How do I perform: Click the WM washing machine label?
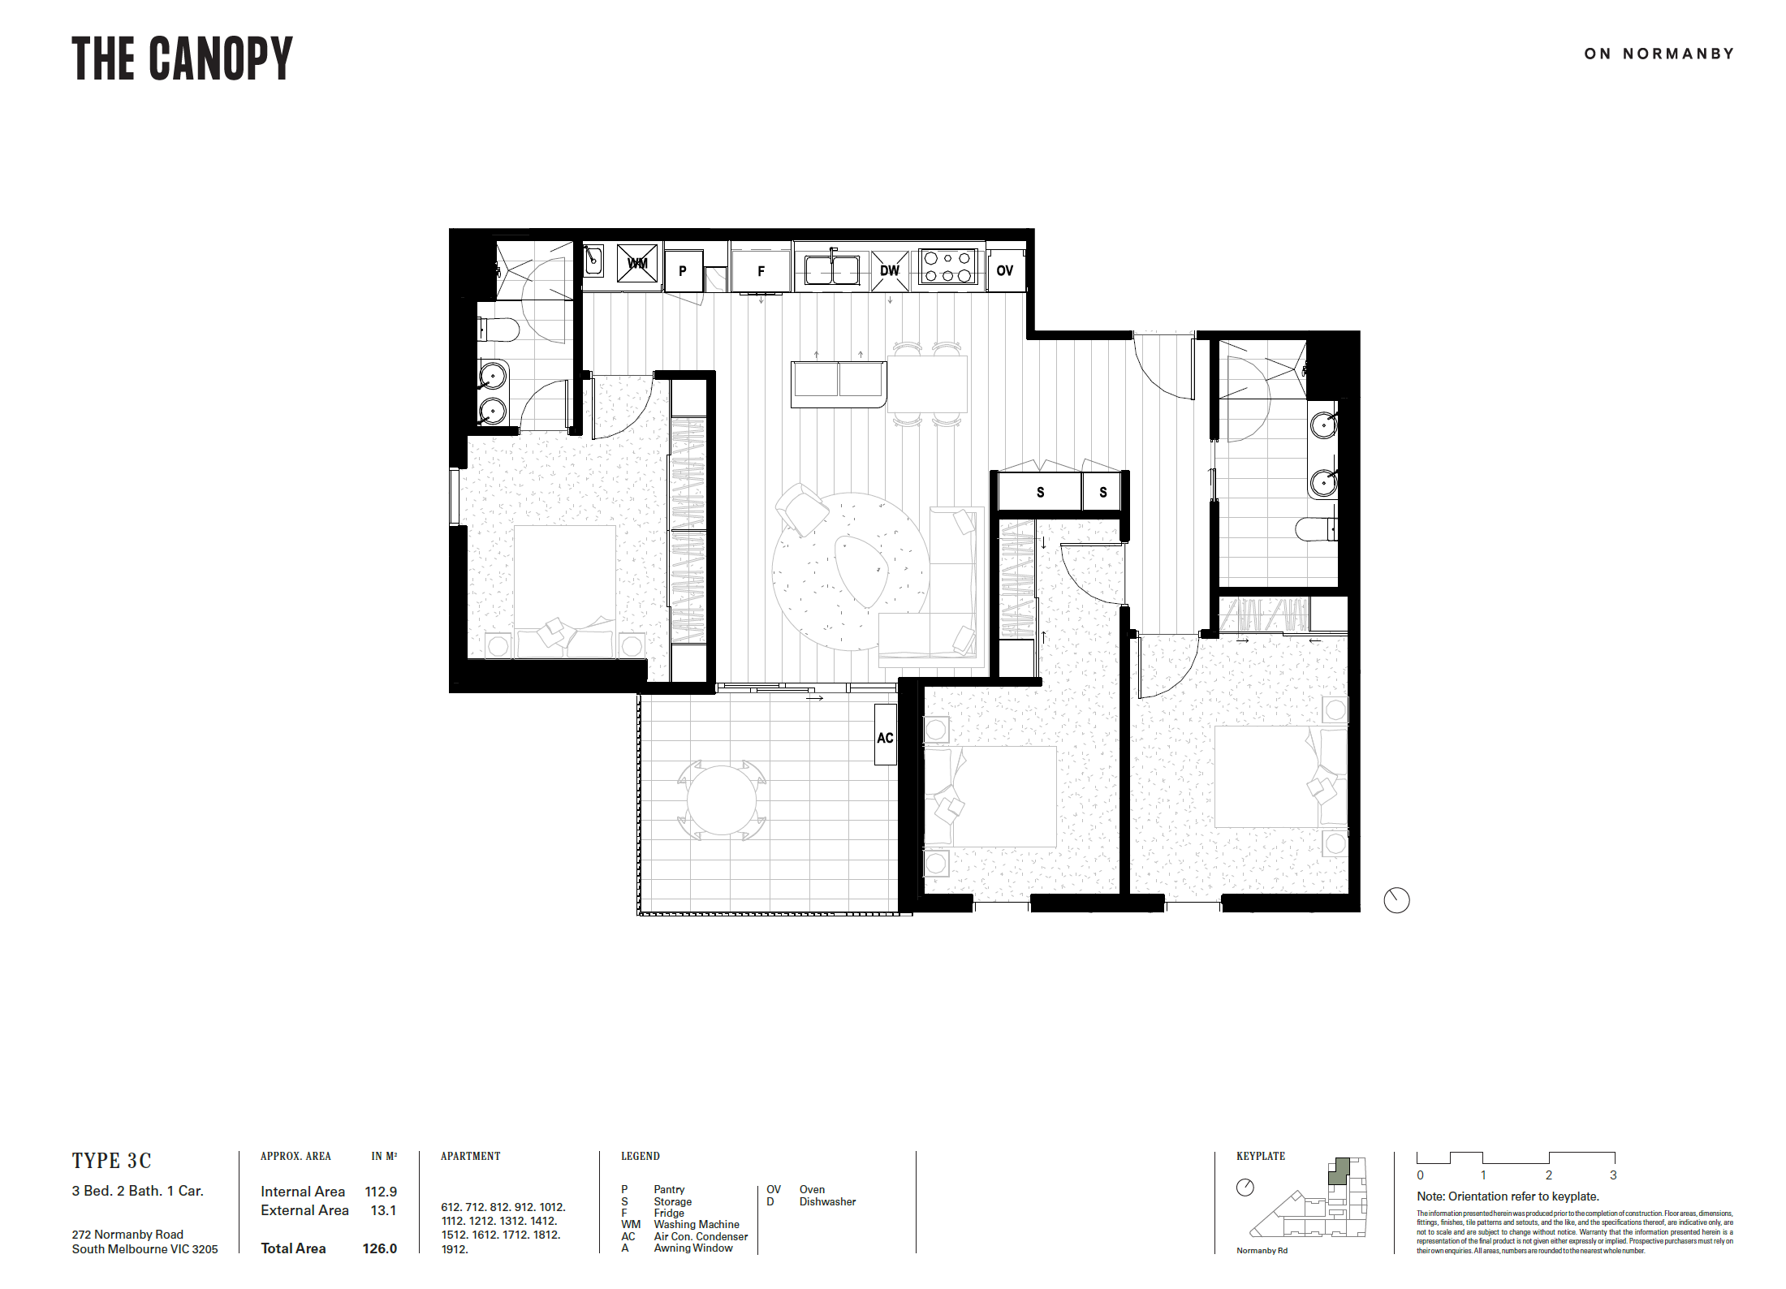pyautogui.click(x=637, y=263)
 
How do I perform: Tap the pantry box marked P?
pyautogui.click(x=683, y=271)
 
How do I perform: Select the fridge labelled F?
pyautogui.click(x=761, y=271)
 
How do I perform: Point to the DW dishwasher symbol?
pyautogui.click(x=890, y=270)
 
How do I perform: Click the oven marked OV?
pyautogui.click(x=1005, y=270)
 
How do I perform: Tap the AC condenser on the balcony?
pyautogui.click(x=886, y=735)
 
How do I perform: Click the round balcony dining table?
pyautogui.click(x=722, y=800)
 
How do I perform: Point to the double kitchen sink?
pyautogui.click(x=832, y=269)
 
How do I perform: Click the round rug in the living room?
pyautogui.click(x=851, y=571)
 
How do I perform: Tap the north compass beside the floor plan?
pyautogui.click(x=1396, y=900)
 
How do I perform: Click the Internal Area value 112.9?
pyautogui.click(x=381, y=1192)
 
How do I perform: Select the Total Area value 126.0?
pyautogui.click(x=380, y=1248)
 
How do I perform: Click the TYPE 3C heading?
pyautogui.click(x=111, y=1161)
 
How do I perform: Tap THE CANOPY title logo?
pyautogui.click(x=182, y=58)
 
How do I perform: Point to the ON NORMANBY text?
pyautogui.click(x=1659, y=54)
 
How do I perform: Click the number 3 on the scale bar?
pyautogui.click(x=1613, y=1175)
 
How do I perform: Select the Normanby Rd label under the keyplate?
pyautogui.click(x=1262, y=1251)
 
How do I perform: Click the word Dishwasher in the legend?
pyautogui.click(x=827, y=1201)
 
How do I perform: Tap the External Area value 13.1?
pyautogui.click(x=383, y=1210)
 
